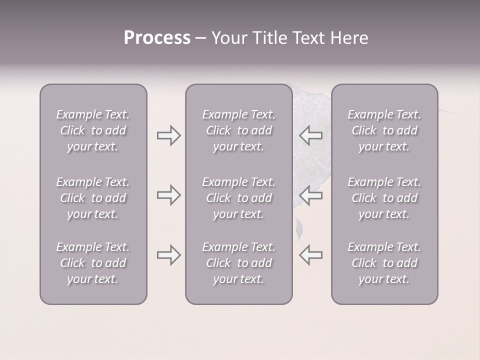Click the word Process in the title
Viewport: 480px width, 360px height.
[x=157, y=38]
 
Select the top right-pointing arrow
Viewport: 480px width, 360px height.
[x=168, y=135]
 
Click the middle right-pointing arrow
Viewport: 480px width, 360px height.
[x=168, y=195]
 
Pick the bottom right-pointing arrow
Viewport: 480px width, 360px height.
[x=168, y=255]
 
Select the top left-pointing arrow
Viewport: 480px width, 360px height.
[x=310, y=135]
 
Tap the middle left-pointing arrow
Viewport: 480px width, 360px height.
[x=310, y=195]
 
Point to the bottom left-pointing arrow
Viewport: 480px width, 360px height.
[x=310, y=255]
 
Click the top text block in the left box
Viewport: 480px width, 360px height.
[x=93, y=130]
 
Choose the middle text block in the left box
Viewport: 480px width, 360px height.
[x=93, y=198]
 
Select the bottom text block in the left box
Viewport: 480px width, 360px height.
[x=93, y=263]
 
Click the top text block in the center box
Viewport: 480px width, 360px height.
[x=239, y=130]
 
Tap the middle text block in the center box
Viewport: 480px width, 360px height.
[x=239, y=198]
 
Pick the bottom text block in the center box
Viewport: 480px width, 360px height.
[x=239, y=263]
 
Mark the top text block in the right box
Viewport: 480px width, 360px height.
[x=384, y=130]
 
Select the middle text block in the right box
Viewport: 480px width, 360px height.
[x=384, y=198]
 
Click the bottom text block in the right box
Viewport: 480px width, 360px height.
[x=384, y=263]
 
